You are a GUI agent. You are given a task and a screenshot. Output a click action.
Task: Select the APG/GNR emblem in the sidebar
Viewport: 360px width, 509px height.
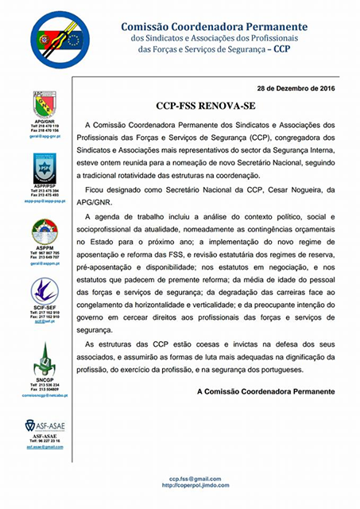coord(44,103)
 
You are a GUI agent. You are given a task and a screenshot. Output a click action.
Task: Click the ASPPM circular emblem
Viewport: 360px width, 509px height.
coord(44,232)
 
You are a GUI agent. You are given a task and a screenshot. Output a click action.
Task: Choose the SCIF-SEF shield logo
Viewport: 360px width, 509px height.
coord(44,293)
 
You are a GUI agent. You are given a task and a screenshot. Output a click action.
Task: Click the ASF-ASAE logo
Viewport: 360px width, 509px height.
coord(45,426)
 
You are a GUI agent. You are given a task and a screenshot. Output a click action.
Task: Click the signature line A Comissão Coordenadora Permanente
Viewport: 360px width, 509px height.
coord(265,392)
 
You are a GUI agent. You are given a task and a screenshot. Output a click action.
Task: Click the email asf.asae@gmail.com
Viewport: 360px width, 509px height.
coord(45,448)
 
